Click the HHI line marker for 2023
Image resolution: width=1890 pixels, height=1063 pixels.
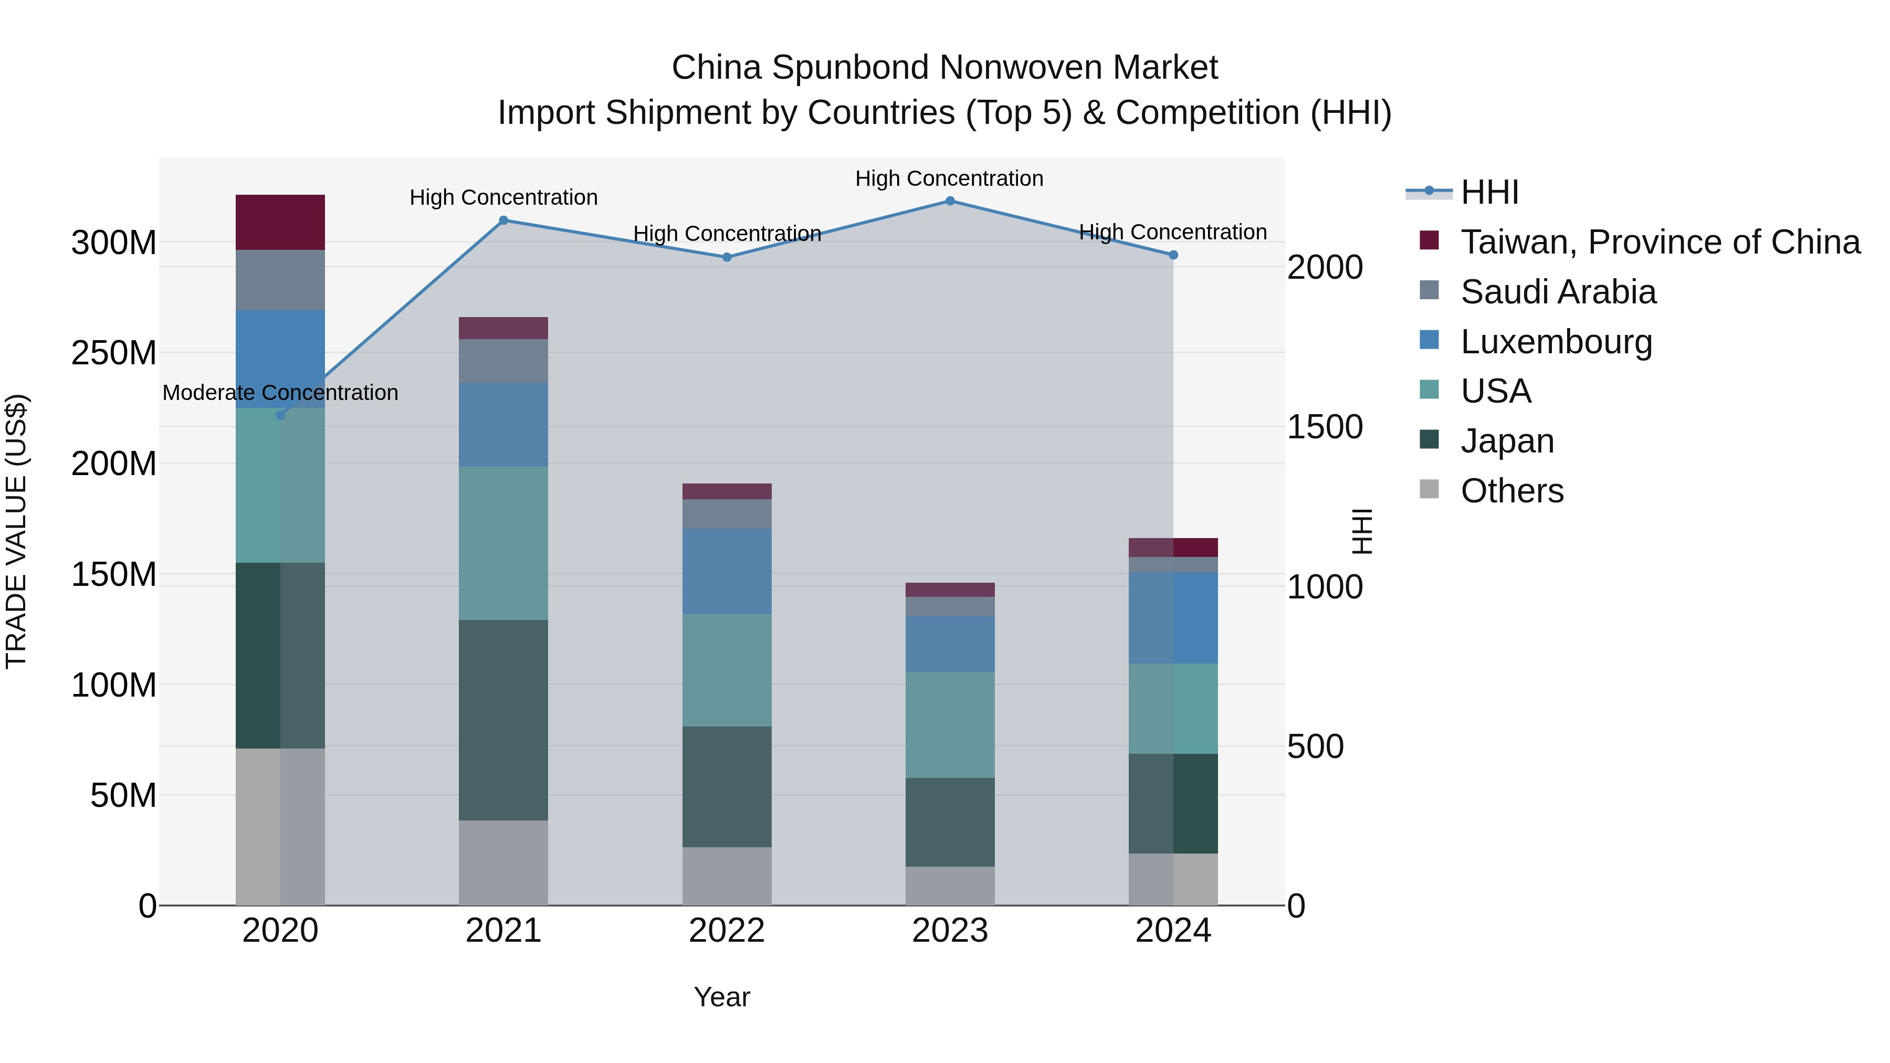coord(949,201)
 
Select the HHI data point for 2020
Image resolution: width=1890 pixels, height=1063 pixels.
coord(280,415)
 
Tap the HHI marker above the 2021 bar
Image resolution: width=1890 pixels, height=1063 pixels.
coord(503,220)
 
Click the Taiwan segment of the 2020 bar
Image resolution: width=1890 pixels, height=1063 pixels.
coord(280,222)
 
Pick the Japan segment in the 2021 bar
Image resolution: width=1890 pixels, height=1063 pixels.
coord(503,720)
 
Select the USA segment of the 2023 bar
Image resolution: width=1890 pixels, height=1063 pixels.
coord(949,725)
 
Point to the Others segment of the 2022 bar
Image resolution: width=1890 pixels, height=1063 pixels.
coord(727,876)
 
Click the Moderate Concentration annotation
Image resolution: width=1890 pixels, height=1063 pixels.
coord(280,393)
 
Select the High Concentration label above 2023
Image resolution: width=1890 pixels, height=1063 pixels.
coord(949,179)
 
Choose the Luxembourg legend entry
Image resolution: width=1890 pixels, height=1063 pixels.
coord(1556,342)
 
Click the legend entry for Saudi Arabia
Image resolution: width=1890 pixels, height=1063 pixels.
coord(1558,292)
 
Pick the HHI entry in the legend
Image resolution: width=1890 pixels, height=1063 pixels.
coord(1489,192)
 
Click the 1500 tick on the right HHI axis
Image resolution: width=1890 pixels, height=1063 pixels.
coord(1325,427)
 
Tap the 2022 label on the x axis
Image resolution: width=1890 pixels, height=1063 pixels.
coord(727,931)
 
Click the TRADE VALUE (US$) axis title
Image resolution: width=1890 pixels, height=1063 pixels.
coord(16,531)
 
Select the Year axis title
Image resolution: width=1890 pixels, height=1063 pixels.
coord(721,997)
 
